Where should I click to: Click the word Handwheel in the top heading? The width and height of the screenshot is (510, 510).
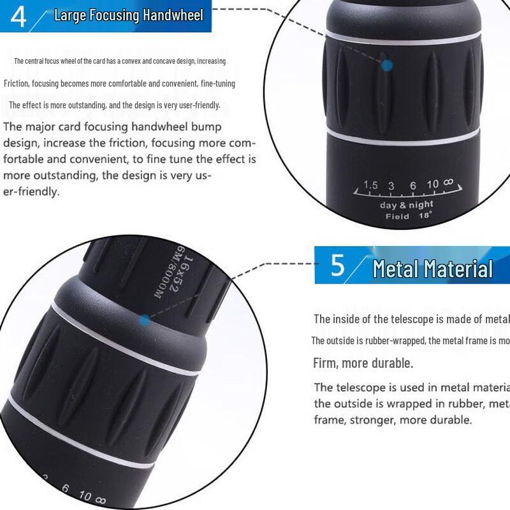[x=173, y=15]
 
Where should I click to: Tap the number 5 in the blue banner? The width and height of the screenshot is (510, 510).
[x=338, y=266]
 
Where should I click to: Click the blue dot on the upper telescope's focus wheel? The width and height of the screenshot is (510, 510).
[x=386, y=64]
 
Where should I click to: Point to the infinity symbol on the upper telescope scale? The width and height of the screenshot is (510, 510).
[x=448, y=182]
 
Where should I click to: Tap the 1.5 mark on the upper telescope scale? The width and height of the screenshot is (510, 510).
[x=370, y=186]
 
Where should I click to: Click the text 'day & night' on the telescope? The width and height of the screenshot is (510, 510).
[x=406, y=205]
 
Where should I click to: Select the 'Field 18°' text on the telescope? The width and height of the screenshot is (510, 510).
[x=409, y=216]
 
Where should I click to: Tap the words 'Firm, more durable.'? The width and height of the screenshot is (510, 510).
[x=363, y=363]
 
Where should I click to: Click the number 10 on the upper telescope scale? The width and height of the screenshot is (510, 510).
[x=432, y=184]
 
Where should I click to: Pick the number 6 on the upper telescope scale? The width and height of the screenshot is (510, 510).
[x=412, y=186]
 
